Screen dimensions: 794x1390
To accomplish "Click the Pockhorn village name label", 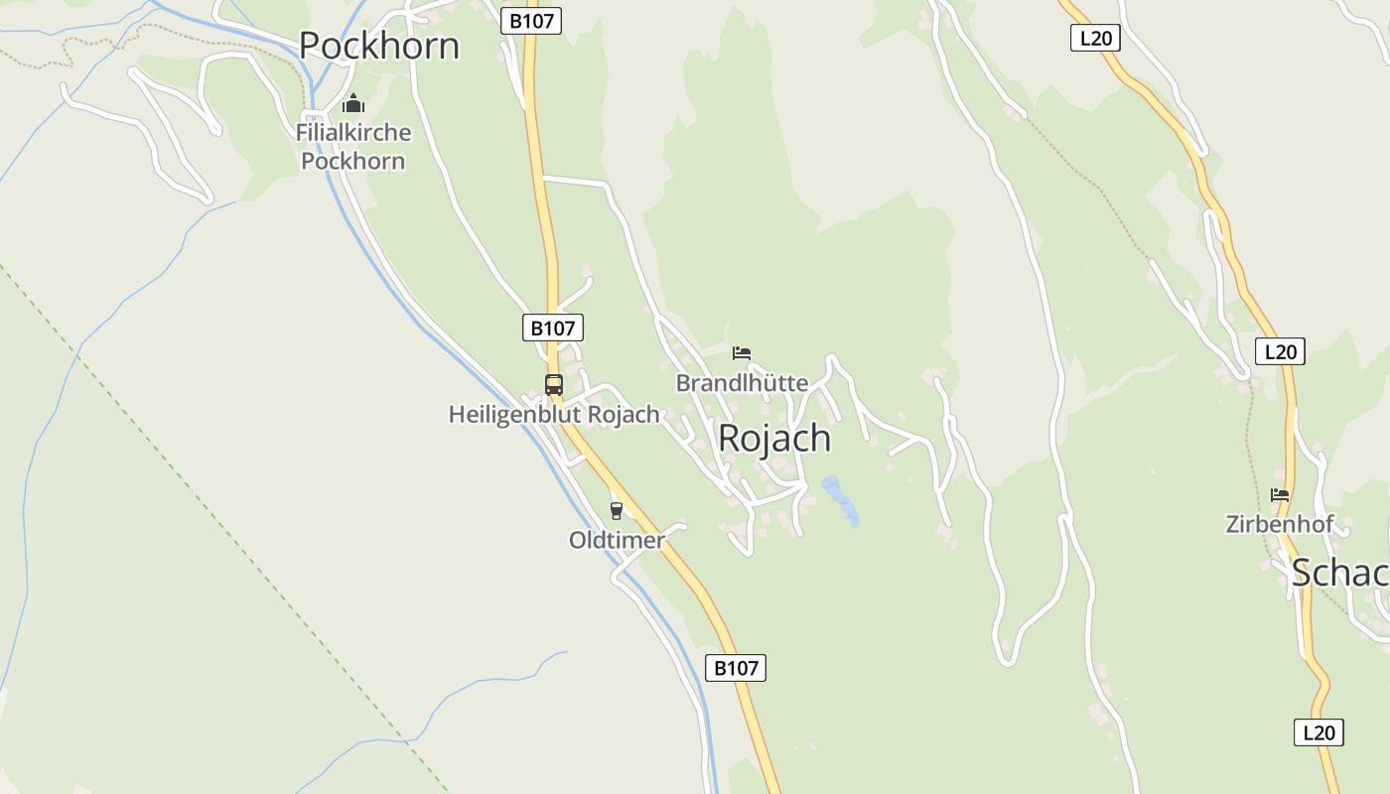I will (x=378, y=46).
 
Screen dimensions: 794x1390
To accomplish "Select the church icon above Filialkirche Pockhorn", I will (x=353, y=103).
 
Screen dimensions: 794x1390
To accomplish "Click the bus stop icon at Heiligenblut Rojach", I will (x=553, y=385).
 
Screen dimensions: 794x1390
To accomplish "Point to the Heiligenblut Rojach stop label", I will (x=553, y=414).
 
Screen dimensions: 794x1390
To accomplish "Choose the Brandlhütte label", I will (x=742, y=382).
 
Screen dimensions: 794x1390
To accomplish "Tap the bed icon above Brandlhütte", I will (x=742, y=352).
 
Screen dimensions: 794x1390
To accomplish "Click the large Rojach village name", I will (x=773, y=438).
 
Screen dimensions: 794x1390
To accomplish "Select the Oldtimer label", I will (x=617, y=540).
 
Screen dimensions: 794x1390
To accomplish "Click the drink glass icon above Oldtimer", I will (x=617, y=511).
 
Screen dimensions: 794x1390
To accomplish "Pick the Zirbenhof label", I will (x=1279, y=524).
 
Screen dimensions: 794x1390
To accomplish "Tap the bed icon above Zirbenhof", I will (x=1280, y=494).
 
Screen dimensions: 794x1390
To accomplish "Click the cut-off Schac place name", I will (x=1339, y=573).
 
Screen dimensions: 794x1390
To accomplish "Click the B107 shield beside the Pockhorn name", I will (x=530, y=21).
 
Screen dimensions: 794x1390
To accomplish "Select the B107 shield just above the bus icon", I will (x=552, y=328).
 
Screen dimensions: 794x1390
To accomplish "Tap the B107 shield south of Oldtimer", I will (x=736, y=668).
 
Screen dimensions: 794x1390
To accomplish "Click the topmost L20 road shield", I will (x=1095, y=39).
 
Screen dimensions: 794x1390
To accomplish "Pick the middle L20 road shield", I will (x=1280, y=351).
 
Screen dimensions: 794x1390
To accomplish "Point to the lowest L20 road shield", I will (x=1319, y=732).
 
